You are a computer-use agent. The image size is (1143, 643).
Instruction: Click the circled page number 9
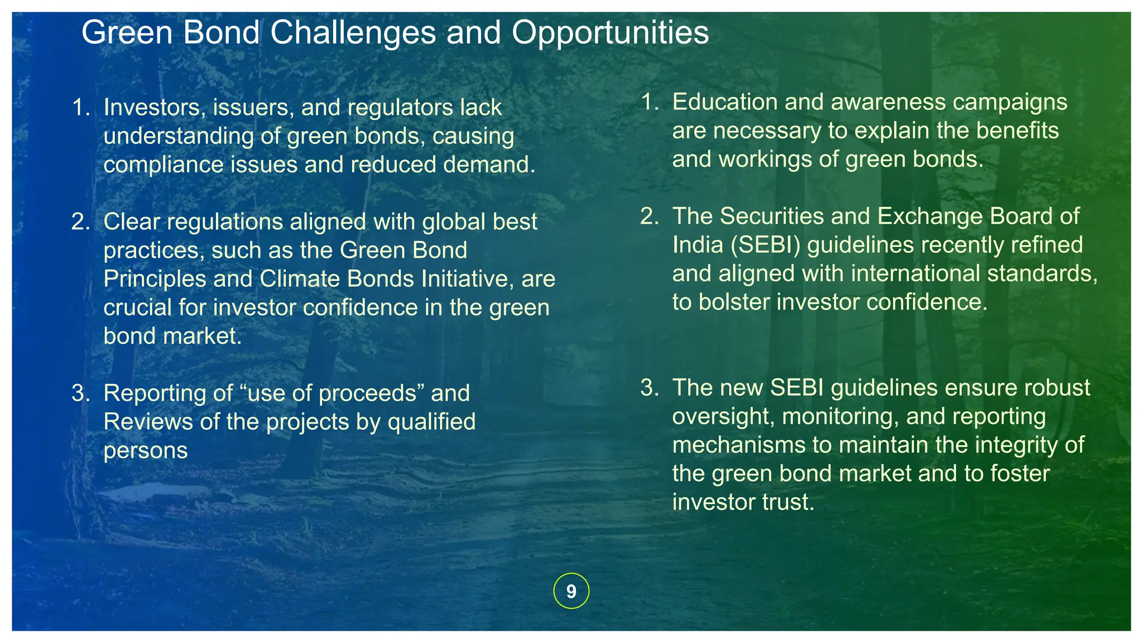(x=571, y=591)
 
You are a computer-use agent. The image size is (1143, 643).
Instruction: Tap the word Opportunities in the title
(x=610, y=32)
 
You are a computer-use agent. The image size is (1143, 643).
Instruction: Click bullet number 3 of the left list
(x=80, y=394)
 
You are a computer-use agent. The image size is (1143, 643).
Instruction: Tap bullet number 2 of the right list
(x=649, y=217)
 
